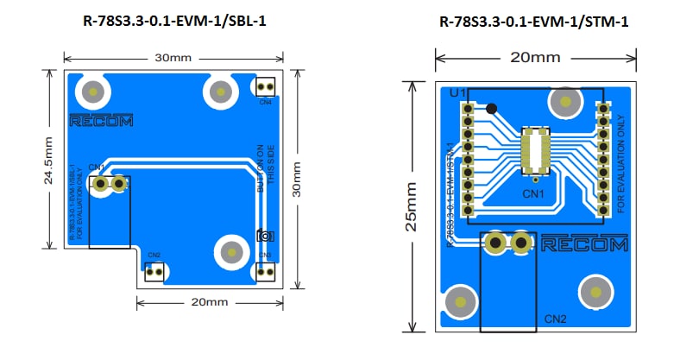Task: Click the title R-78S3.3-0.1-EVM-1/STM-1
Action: pos(533,22)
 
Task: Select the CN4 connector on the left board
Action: pos(265,87)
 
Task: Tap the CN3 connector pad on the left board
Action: pos(265,271)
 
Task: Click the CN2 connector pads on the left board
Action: pos(154,272)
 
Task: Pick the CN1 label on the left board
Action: pos(97,167)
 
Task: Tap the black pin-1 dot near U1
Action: pos(492,109)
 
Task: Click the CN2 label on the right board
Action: pos(555,319)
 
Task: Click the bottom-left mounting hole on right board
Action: pos(464,302)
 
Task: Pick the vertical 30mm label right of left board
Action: pos(298,180)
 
